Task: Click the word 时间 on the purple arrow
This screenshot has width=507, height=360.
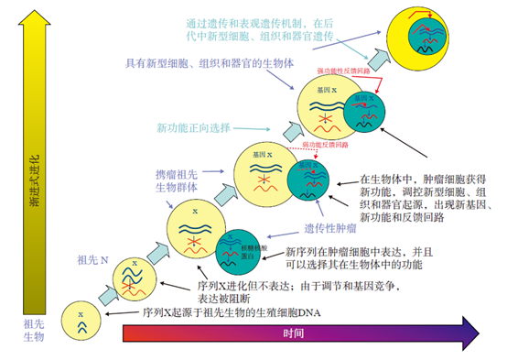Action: (290, 331)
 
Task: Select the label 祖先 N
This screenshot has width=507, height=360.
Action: (92, 257)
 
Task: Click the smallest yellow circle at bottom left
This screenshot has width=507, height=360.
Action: (81, 321)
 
